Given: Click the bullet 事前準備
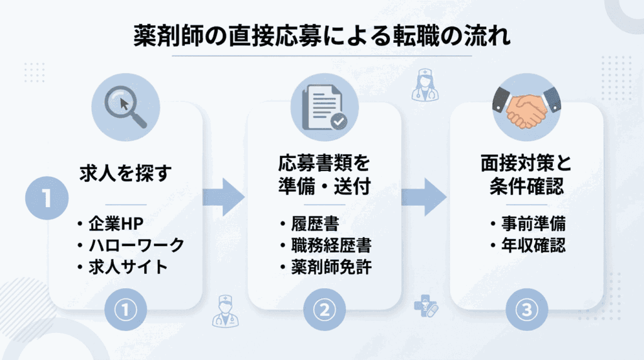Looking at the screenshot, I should [x=528, y=224].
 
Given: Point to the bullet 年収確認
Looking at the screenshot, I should [x=528, y=245].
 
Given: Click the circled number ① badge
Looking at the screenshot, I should [x=126, y=309].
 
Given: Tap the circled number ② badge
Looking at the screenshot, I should [x=325, y=309].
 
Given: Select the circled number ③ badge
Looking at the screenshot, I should [x=527, y=309].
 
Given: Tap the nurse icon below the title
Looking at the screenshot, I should [x=425, y=86].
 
